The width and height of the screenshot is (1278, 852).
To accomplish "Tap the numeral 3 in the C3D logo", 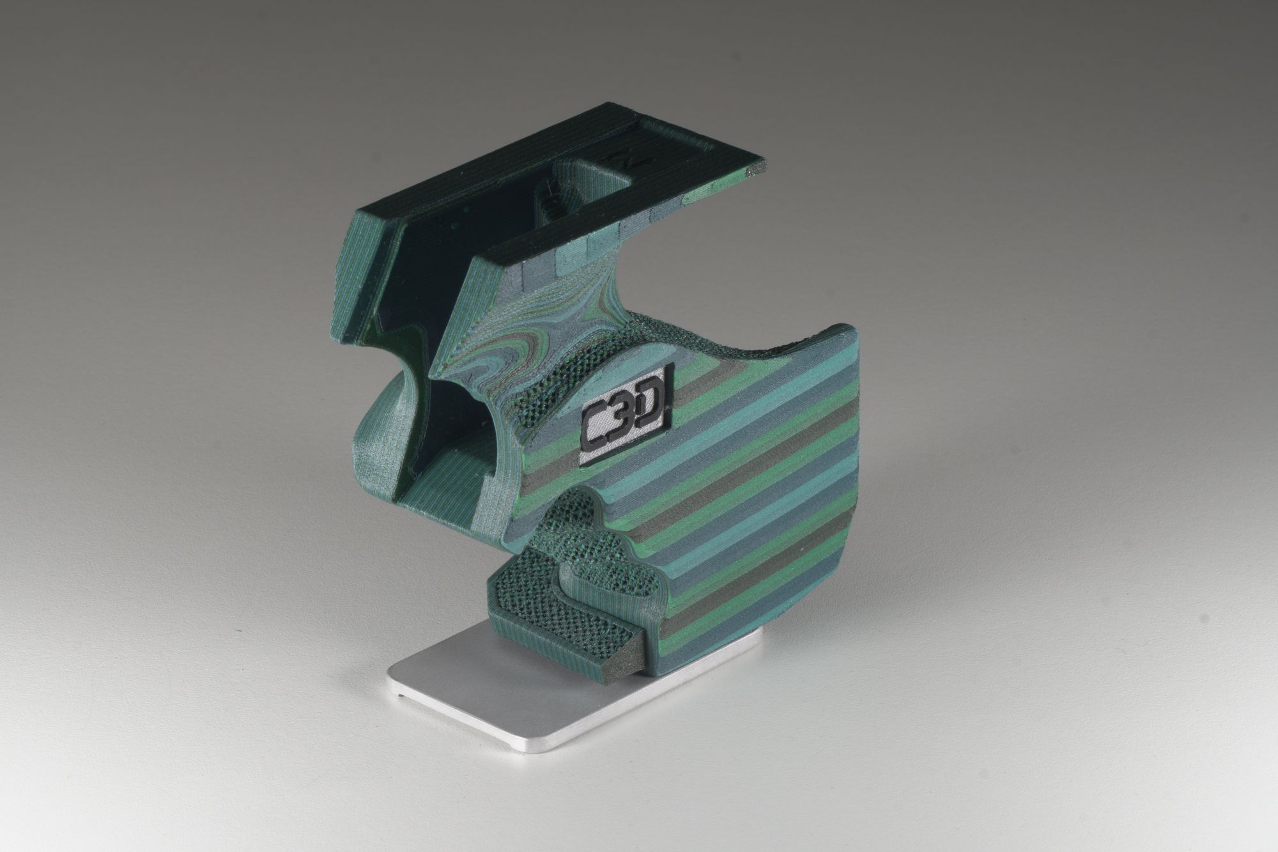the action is pos(622,415).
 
